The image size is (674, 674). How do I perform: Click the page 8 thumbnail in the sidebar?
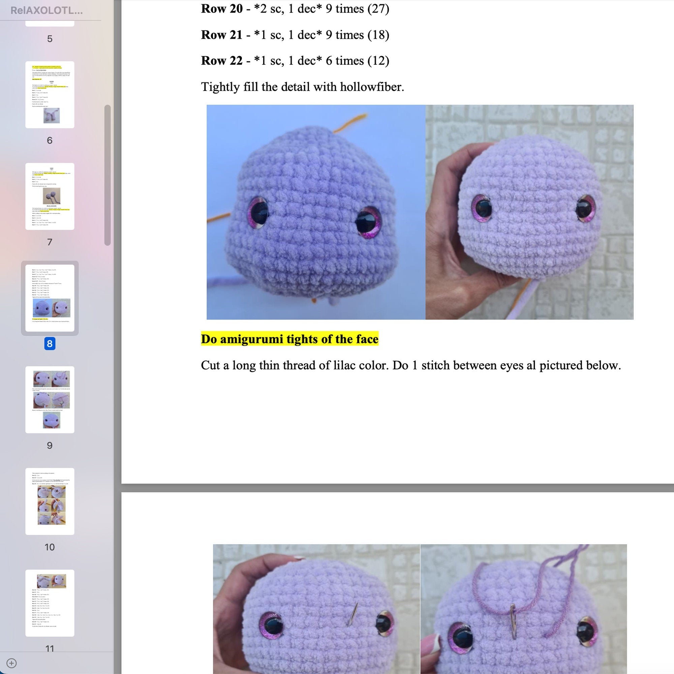[x=50, y=298]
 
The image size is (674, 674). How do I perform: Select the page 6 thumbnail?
[x=50, y=95]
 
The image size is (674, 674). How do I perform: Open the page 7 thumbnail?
[x=50, y=196]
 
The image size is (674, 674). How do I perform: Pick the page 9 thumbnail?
[x=50, y=399]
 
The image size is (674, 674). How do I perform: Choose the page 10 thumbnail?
[x=50, y=501]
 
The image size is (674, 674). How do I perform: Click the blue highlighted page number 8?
[x=50, y=344]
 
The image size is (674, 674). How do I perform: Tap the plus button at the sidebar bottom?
[x=11, y=663]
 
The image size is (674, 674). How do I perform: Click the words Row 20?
[x=221, y=9]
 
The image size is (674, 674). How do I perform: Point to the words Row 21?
[x=221, y=35]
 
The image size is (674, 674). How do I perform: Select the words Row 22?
[x=221, y=61]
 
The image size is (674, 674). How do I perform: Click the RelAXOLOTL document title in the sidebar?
[x=47, y=10]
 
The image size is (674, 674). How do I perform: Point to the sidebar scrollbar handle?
[x=108, y=175]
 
